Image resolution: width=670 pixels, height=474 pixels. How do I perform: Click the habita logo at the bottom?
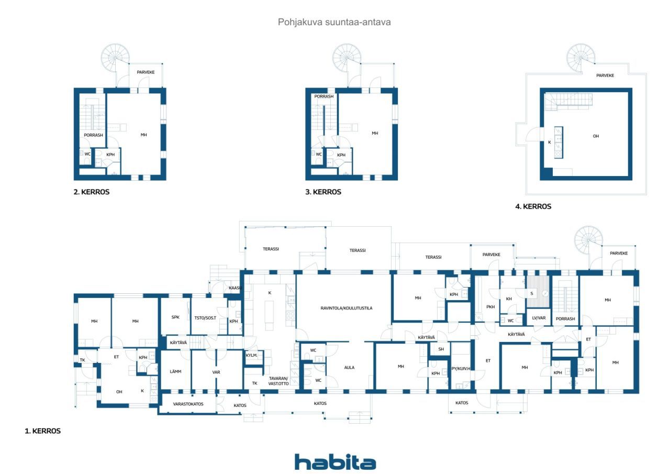point(335,462)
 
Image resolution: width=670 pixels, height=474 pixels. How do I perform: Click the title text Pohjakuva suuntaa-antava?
point(334,22)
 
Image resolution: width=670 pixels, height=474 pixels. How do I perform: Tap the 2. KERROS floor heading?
point(92,192)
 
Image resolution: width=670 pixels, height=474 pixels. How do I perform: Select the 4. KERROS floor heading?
point(533,206)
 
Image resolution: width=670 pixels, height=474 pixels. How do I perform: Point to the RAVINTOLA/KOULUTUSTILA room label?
point(347,308)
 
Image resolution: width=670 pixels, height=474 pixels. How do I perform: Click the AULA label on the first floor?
point(349,368)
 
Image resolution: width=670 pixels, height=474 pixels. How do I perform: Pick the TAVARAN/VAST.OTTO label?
point(278,381)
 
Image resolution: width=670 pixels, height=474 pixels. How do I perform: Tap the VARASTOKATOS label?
point(188,404)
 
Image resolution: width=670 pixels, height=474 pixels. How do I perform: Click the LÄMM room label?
point(175,371)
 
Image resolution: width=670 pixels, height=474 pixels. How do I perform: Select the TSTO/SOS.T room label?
point(205,318)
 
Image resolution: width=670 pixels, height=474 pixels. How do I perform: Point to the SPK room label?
point(175,317)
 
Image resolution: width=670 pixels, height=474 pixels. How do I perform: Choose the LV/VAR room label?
point(539,318)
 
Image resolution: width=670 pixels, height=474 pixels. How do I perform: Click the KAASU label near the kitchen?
point(236,288)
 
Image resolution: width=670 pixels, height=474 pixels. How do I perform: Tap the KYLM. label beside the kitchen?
point(252,355)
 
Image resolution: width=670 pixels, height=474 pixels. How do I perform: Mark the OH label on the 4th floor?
point(596,136)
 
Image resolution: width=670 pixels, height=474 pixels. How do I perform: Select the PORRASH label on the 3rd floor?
point(324,96)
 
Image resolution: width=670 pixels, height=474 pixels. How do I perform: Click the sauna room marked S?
point(538,291)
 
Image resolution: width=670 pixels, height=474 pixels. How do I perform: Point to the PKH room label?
point(490,307)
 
